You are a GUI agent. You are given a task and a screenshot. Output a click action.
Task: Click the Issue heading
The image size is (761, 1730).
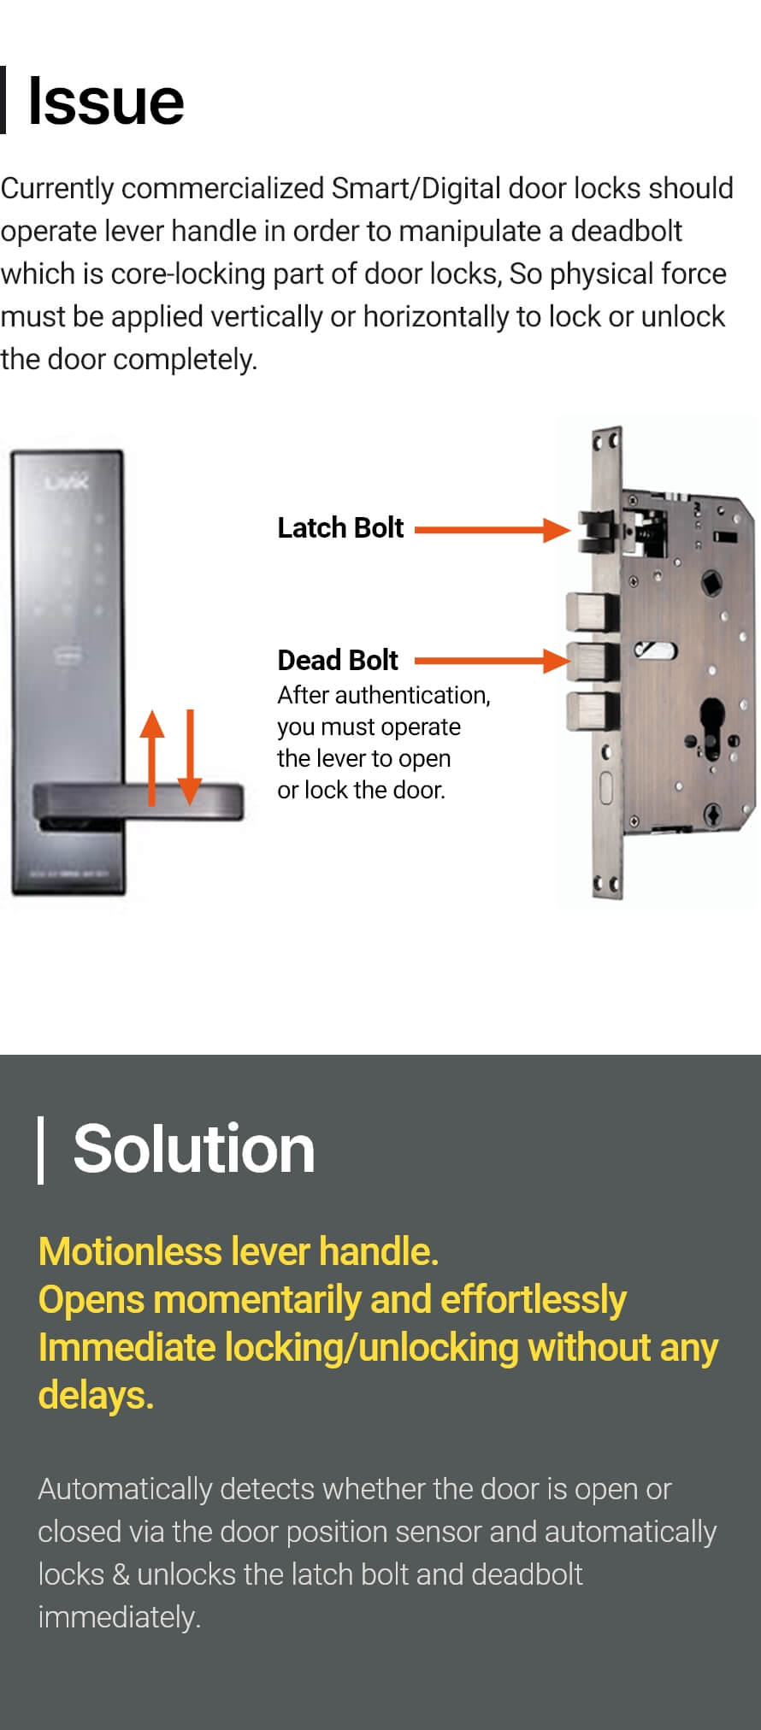[x=106, y=102]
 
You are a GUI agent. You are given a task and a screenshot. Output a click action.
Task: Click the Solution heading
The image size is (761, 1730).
[x=194, y=1149]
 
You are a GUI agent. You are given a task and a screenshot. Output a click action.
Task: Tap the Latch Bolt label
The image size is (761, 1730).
[x=340, y=528]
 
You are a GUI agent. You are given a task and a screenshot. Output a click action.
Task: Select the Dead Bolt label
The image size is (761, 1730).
[x=338, y=661]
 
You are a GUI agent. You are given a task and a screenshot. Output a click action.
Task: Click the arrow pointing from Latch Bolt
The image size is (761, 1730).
[x=493, y=530]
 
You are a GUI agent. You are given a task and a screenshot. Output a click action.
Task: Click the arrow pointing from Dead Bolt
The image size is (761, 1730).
[x=493, y=660]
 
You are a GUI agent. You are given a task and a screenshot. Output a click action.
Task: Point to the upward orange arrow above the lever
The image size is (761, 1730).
[x=152, y=758]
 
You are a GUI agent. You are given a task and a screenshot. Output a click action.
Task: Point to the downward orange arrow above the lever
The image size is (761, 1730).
[x=190, y=758]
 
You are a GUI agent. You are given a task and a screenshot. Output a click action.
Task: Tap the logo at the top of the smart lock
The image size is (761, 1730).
[x=67, y=483]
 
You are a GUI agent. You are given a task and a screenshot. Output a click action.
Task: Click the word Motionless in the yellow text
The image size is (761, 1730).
[x=130, y=1251]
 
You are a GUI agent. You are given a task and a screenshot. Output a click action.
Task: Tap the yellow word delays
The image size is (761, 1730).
[x=96, y=1395]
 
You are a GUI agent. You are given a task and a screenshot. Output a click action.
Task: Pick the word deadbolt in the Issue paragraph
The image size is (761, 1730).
[x=626, y=231]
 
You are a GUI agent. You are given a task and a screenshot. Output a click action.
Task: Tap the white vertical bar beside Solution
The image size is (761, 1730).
[x=40, y=1150]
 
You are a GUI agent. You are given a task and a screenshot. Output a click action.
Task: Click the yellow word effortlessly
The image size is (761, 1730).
[x=534, y=1300]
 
